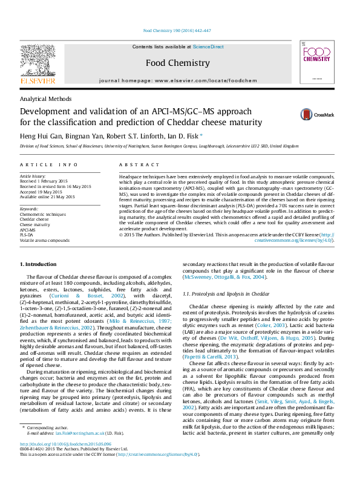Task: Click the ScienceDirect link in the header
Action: click(208, 47)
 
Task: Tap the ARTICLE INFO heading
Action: click(49, 164)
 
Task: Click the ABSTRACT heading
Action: click(135, 164)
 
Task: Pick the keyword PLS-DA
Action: click(28, 235)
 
